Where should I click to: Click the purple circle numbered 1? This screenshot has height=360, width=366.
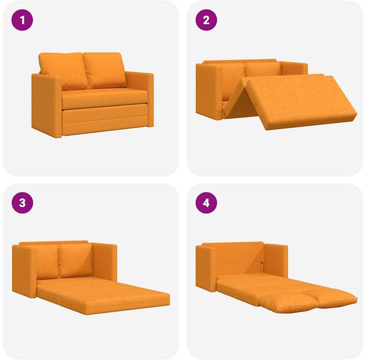coord(22,20)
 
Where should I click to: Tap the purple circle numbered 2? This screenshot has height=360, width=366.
coord(206,20)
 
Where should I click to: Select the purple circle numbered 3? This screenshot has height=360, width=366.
coord(22,203)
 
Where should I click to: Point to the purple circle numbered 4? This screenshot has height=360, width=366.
coord(206,203)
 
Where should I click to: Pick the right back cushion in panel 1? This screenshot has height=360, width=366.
coord(105,70)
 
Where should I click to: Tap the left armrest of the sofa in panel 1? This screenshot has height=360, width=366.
coord(46,105)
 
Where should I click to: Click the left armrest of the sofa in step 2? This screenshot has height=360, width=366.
coord(208,91)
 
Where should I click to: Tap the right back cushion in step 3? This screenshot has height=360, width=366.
coord(75,261)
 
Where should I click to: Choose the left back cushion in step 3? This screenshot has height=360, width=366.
coord(47,262)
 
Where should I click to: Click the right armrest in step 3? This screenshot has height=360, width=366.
coord(104,261)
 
